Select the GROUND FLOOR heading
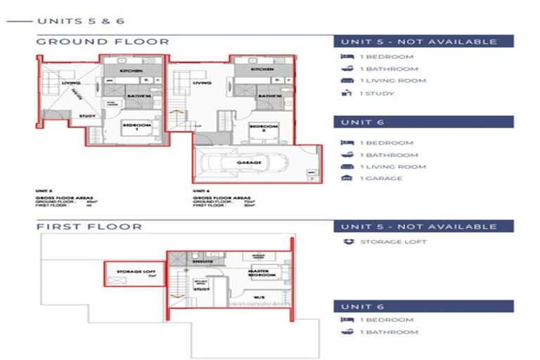[103, 41]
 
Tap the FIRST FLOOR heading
[89, 226]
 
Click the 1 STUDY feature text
[377, 94]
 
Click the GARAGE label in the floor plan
[249, 162]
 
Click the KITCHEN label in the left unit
[131, 71]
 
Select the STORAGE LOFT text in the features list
[393, 242]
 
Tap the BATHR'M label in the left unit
[136, 95]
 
